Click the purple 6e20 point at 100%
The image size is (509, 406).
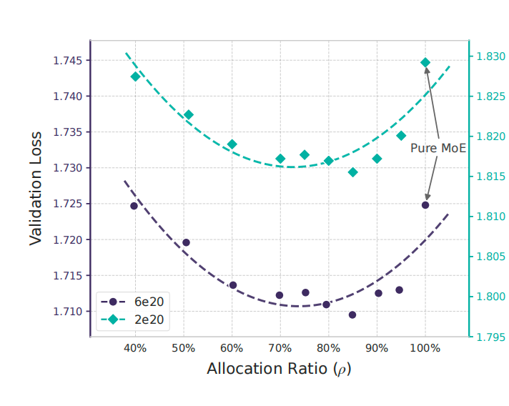425,205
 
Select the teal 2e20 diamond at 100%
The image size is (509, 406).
425,62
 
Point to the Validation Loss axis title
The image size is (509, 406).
36,187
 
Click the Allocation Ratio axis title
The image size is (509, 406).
279,370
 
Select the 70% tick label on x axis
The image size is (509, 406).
280,348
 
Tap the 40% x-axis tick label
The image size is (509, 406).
135,348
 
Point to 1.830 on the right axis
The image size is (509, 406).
490,56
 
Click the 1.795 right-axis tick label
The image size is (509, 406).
490,337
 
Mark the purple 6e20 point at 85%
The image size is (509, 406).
352,315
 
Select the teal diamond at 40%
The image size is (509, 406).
135,76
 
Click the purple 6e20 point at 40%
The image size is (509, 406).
134,206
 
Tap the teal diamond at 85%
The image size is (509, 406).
352,172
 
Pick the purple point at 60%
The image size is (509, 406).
232,285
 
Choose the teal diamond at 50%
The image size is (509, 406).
189,114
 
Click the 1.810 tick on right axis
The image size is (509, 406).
490,217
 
